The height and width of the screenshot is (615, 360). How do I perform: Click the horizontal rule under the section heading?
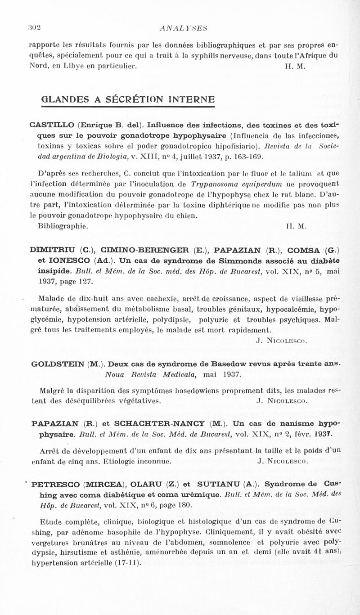coord(121,108)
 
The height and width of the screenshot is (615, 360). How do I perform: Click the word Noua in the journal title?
coord(113,374)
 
